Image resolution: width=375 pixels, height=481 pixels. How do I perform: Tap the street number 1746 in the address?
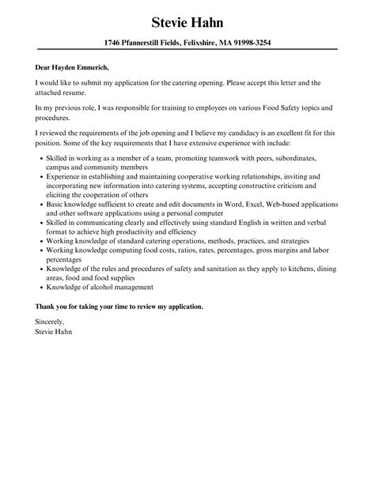click(x=116, y=42)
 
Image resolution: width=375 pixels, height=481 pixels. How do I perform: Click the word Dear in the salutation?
click(x=45, y=67)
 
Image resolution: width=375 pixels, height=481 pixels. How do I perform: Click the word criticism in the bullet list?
click(x=295, y=187)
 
